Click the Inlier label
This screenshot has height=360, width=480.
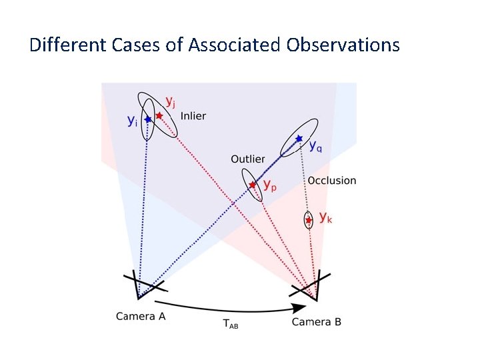coord(193,116)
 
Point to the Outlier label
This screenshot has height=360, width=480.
coord(247,159)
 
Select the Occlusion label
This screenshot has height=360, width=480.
coord(332,181)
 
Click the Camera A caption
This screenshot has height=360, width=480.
coord(140,317)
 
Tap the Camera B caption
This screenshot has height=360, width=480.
coord(317,322)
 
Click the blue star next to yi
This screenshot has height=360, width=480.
coord(147,119)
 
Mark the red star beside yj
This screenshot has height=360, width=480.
coord(159,115)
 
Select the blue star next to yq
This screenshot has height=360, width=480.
coord(299,139)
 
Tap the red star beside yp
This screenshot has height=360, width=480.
coord(252,185)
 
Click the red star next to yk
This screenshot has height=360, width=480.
coord(308,219)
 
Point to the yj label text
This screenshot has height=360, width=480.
coord(171,102)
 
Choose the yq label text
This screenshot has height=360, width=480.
coord(316,147)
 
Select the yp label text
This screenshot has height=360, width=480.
coord(269,185)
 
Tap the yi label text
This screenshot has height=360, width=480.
coord(133,121)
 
